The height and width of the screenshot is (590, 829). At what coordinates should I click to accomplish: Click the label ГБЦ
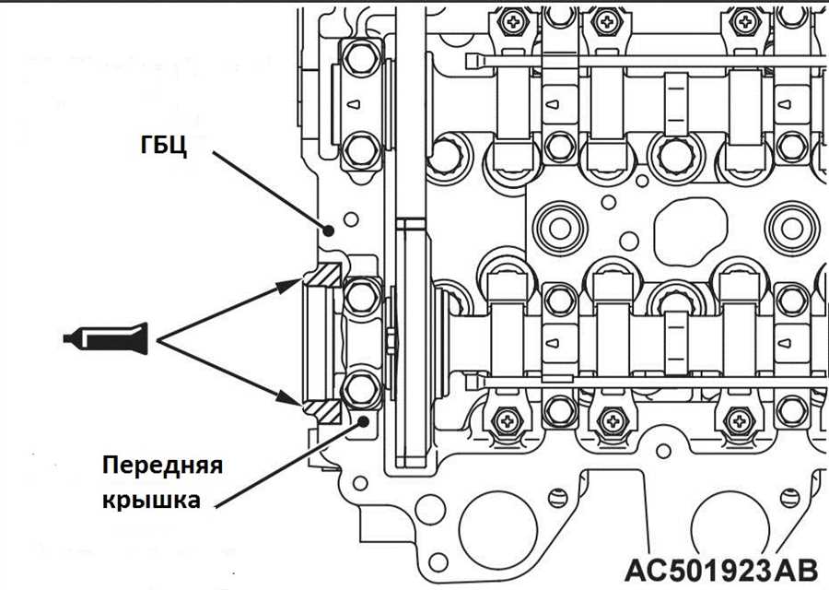164,144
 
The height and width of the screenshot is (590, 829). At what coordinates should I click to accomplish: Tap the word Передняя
163,466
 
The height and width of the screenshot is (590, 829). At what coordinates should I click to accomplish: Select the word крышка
151,499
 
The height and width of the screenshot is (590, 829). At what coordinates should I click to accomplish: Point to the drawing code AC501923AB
721,571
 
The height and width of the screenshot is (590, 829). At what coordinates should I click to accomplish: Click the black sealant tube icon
106,338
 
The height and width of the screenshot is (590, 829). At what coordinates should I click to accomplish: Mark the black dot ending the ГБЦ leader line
328,230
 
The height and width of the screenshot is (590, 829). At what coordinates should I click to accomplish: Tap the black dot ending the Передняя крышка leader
363,421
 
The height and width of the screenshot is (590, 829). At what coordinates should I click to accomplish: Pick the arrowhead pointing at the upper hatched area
290,285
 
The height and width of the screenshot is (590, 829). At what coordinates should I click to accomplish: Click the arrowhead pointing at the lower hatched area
290,398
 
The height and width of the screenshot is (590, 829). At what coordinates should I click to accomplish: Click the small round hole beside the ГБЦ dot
351,219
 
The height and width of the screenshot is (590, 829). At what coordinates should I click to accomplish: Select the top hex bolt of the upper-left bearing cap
362,58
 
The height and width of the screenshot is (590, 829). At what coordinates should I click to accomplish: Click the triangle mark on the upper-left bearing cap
354,104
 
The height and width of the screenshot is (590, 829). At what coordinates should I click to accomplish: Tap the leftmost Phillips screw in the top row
512,22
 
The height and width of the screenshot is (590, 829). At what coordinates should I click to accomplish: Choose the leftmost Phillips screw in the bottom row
507,420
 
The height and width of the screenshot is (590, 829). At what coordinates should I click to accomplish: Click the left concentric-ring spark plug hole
559,228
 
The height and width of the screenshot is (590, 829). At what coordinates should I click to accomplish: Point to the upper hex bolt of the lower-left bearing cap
362,296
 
